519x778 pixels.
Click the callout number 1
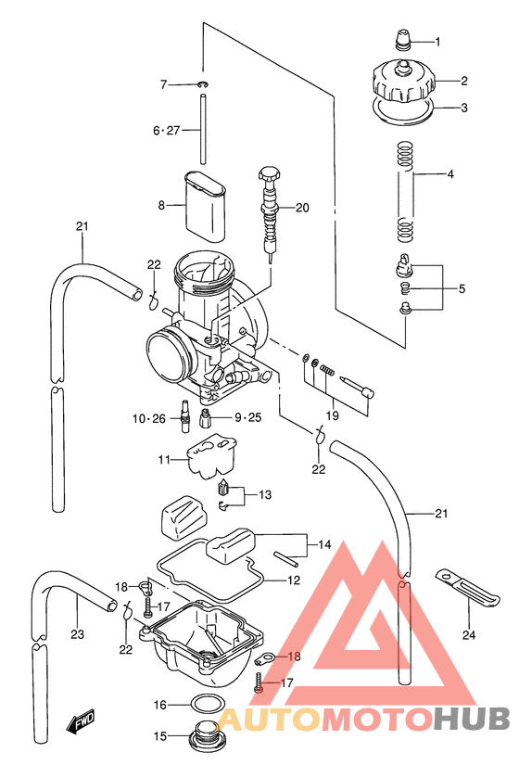tap(437, 42)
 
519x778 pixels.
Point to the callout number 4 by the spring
tap(449, 174)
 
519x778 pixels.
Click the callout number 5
tap(462, 289)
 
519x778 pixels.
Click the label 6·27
tap(168, 132)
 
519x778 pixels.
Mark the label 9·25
tap(247, 417)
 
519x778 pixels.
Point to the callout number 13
tap(265, 495)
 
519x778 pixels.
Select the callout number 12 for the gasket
tap(293, 580)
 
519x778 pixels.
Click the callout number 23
tap(77, 635)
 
